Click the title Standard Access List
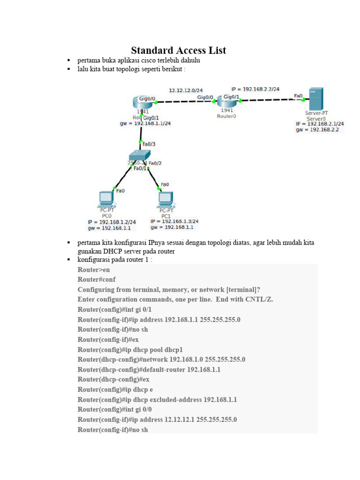point(178,50)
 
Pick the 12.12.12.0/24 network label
point(186,90)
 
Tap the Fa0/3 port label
point(149,144)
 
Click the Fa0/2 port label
point(155,163)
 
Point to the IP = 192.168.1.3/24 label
point(174,221)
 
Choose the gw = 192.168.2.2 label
point(317,130)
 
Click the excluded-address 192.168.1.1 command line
point(157,399)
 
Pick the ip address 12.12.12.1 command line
point(157,420)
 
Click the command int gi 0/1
point(115,309)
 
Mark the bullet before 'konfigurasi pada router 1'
point(68,259)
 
